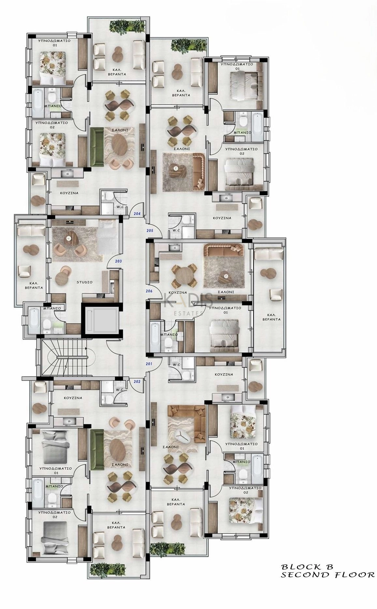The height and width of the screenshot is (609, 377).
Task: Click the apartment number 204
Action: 137,214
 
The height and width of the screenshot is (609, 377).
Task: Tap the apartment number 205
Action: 150,231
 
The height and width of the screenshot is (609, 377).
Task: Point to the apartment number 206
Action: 149,291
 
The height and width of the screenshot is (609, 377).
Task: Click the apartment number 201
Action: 149,364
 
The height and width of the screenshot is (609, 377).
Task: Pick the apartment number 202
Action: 137,382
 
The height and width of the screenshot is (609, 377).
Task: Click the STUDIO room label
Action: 84,282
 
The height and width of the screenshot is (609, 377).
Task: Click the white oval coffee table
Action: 181,436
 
